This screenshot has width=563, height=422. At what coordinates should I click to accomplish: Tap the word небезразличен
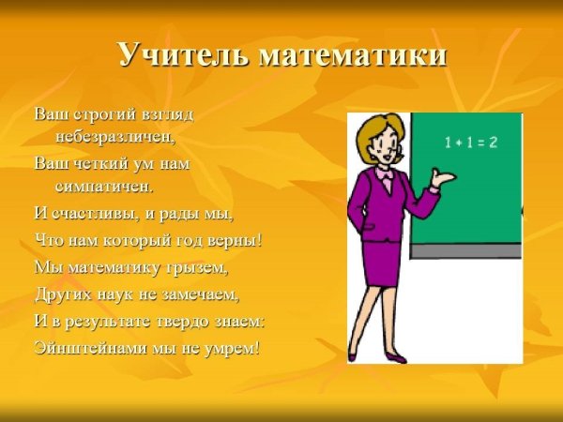coord(114,136)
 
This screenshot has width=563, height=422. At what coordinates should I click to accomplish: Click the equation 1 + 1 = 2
coord(470,143)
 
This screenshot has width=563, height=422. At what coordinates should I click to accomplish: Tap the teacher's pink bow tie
coord(385,175)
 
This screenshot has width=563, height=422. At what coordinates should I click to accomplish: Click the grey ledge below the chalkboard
coord(466,251)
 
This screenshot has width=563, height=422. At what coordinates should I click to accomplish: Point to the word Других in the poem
coord(61,294)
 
